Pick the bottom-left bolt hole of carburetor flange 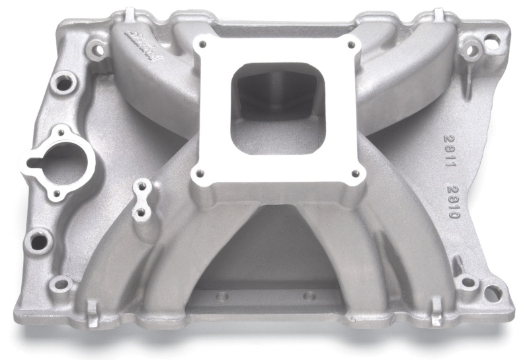coord(196,173)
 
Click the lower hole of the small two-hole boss coord(141,213)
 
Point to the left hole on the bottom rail coord(223,295)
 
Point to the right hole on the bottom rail coord(307,295)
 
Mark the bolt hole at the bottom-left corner coord(61,285)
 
